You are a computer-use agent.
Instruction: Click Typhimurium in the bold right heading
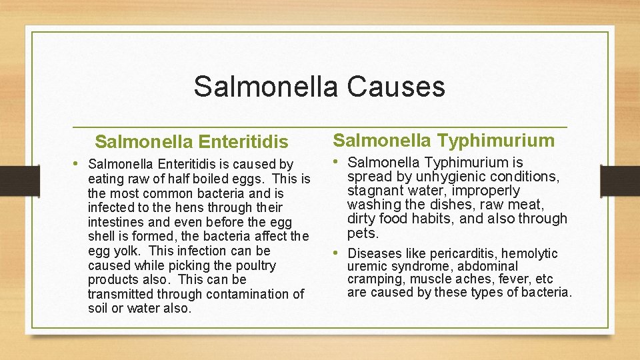click(496, 140)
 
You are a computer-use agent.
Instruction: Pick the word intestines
click(113, 223)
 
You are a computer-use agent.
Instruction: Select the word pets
click(362, 234)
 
